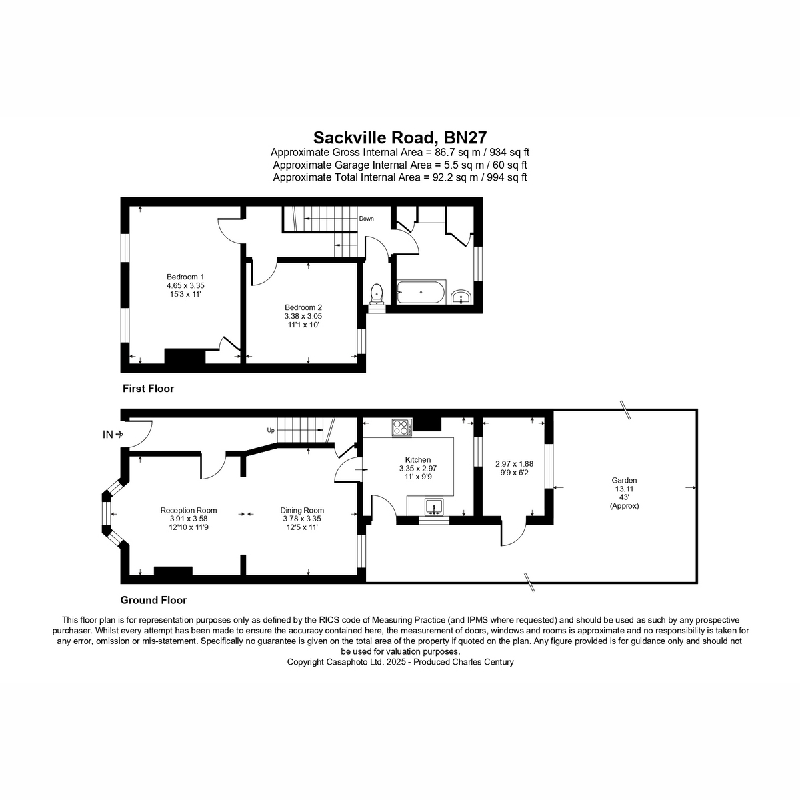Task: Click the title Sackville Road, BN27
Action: click(x=400, y=137)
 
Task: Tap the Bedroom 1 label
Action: click(x=185, y=277)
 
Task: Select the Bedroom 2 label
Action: click(x=303, y=307)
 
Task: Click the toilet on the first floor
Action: click(x=377, y=293)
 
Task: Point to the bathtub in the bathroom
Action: click(x=421, y=292)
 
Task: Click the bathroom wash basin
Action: click(x=461, y=297)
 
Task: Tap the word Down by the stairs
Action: click(x=366, y=219)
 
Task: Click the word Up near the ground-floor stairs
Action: click(x=271, y=431)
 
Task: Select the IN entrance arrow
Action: click(x=119, y=435)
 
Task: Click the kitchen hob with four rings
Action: click(x=402, y=427)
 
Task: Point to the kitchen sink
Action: click(x=435, y=507)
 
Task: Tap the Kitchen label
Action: click(x=418, y=460)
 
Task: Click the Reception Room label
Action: click(x=189, y=511)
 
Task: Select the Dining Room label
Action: click(x=302, y=511)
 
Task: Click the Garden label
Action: click(x=624, y=480)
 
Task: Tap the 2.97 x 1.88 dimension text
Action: click(x=515, y=464)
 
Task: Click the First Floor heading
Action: click(x=148, y=389)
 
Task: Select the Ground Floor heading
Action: click(x=153, y=600)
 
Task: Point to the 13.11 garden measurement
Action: click(x=624, y=489)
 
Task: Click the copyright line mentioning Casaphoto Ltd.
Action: click(x=400, y=662)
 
